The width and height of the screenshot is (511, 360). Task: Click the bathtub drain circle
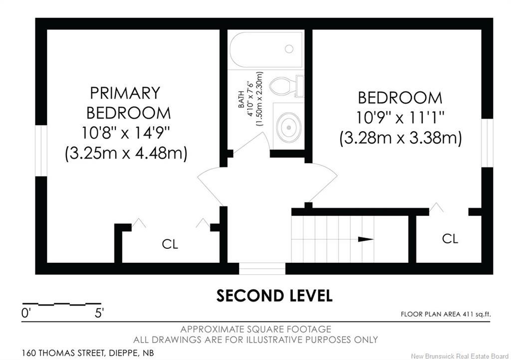[289, 48]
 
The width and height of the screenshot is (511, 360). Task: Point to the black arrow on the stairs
[366, 239]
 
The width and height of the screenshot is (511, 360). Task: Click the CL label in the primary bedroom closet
[170, 244]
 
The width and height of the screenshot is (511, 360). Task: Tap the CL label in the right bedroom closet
[450, 238]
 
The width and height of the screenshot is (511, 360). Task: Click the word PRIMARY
[125, 93]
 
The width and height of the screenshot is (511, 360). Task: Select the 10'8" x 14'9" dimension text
[126, 133]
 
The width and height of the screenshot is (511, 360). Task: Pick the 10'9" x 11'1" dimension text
[400, 117]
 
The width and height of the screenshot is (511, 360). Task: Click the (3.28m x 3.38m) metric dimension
[400, 138]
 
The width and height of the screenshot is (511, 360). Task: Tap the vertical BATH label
[242, 99]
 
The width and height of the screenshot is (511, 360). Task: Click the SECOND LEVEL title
[274, 295]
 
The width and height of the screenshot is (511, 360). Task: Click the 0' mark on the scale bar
[26, 314]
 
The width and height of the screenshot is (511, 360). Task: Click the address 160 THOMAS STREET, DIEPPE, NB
[88, 353]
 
